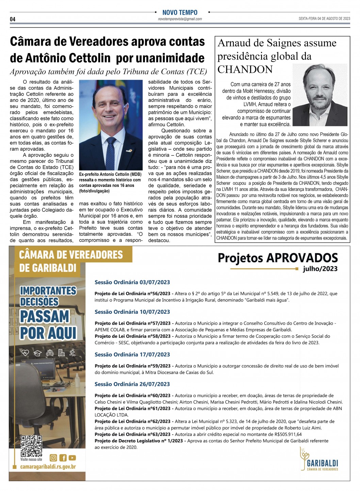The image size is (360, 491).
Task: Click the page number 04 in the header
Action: tap(13, 19)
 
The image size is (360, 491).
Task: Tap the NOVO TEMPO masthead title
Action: tap(180, 12)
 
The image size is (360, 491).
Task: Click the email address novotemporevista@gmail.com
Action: tap(180, 19)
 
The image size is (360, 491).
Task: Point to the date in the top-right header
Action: tap(324, 19)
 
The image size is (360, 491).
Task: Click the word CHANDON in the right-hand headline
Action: tap(245, 69)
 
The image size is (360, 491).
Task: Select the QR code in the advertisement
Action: tap(31, 446)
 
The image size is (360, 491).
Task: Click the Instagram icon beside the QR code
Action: tap(53, 458)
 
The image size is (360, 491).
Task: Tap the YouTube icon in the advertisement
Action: tap(72, 458)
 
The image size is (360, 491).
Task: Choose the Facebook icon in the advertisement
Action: tap(63, 458)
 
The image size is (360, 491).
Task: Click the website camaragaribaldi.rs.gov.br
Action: tap(48, 467)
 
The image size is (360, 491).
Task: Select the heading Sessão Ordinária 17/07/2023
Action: tap(132, 355)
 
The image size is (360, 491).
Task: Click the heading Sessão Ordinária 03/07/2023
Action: tap(132, 282)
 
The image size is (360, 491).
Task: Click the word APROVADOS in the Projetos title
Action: tap(302, 258)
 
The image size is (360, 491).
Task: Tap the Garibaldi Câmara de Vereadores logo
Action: tap(319, 460)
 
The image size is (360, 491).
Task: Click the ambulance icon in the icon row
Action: tap(50, 353)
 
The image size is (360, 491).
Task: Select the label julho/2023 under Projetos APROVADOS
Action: tap(320, 269)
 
